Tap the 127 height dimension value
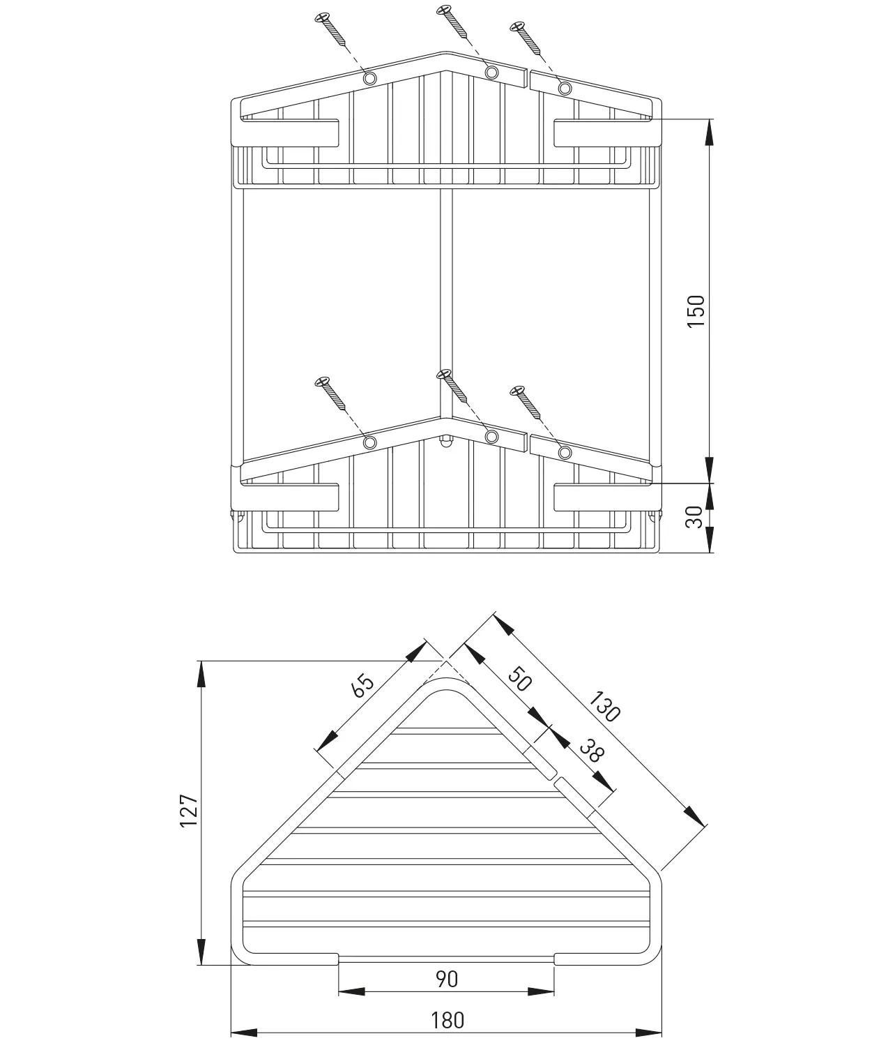tap(190, 810)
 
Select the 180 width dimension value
tap(447, 1020)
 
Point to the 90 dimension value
tap(447, 979)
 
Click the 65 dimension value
tap(363, 686)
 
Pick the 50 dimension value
tap(519, 678)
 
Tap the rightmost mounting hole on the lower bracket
tap(565, 453)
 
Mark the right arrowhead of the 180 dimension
tap(648, 1033)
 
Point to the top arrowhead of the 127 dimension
tap(201, 673)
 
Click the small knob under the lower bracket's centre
tap(444, 442)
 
